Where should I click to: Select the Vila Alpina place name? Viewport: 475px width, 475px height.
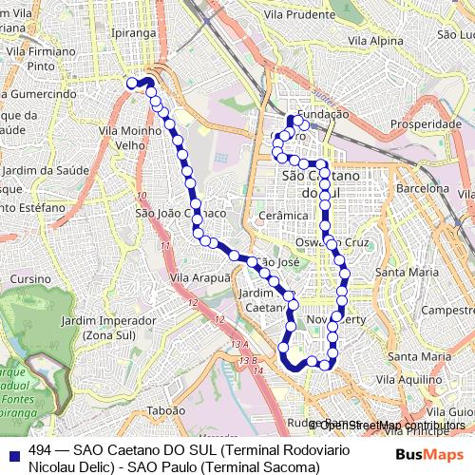375,40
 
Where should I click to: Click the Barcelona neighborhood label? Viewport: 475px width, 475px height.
428,189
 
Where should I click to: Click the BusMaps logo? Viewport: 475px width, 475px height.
424,454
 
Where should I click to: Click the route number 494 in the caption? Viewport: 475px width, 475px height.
40,449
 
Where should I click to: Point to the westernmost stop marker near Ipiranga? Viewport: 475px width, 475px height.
133,84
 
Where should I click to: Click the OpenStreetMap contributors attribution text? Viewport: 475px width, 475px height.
389,425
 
